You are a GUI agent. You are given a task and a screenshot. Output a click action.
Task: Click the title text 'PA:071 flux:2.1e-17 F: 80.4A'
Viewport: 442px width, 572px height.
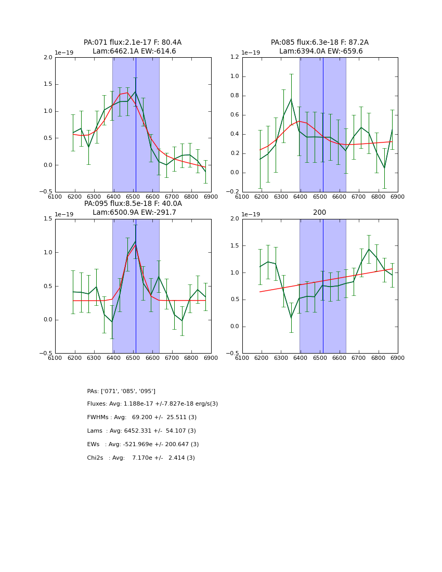(133, 43)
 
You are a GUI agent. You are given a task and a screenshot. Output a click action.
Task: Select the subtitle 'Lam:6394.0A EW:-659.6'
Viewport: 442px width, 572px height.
(321, 51)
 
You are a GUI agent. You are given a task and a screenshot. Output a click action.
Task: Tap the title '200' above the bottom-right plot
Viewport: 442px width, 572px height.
(320, 213)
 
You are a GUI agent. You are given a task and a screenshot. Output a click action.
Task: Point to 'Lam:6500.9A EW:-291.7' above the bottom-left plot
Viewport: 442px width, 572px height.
(134, 213)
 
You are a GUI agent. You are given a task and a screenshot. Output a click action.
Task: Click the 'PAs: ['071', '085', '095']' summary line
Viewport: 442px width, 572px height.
(121, 391)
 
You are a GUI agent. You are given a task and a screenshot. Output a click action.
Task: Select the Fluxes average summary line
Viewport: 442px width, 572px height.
(152, 404)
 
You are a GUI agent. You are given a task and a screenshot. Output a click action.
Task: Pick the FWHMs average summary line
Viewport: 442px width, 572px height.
(142, 418)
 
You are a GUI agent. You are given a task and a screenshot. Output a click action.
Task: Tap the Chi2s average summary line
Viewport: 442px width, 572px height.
(141, 458)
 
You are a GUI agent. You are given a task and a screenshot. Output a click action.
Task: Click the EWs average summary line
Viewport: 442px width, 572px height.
(143, 445)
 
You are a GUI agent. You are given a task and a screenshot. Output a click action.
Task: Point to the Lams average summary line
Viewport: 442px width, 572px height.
(141, 431)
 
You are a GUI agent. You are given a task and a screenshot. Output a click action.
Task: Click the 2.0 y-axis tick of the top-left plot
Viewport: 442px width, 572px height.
(48, 58)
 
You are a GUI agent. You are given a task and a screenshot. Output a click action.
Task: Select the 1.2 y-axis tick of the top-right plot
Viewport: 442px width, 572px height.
(235, 58)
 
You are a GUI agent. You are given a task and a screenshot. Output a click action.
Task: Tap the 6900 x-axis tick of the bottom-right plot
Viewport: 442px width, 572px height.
(398, 358)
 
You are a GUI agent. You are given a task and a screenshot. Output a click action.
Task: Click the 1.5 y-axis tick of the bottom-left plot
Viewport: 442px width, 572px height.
(48, 219)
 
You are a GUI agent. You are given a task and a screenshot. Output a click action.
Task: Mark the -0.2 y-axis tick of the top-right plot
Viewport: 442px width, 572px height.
(233, 192)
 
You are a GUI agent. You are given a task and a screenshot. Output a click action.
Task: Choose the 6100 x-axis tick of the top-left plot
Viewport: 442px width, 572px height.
(55, 197)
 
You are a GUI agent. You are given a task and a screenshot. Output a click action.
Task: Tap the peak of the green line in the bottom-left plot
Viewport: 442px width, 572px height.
(136, 241)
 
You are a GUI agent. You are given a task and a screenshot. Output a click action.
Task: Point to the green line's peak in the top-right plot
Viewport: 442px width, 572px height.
(291, 99)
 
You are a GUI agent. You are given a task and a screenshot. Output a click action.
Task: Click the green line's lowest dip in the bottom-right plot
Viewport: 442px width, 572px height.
(291, 317)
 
